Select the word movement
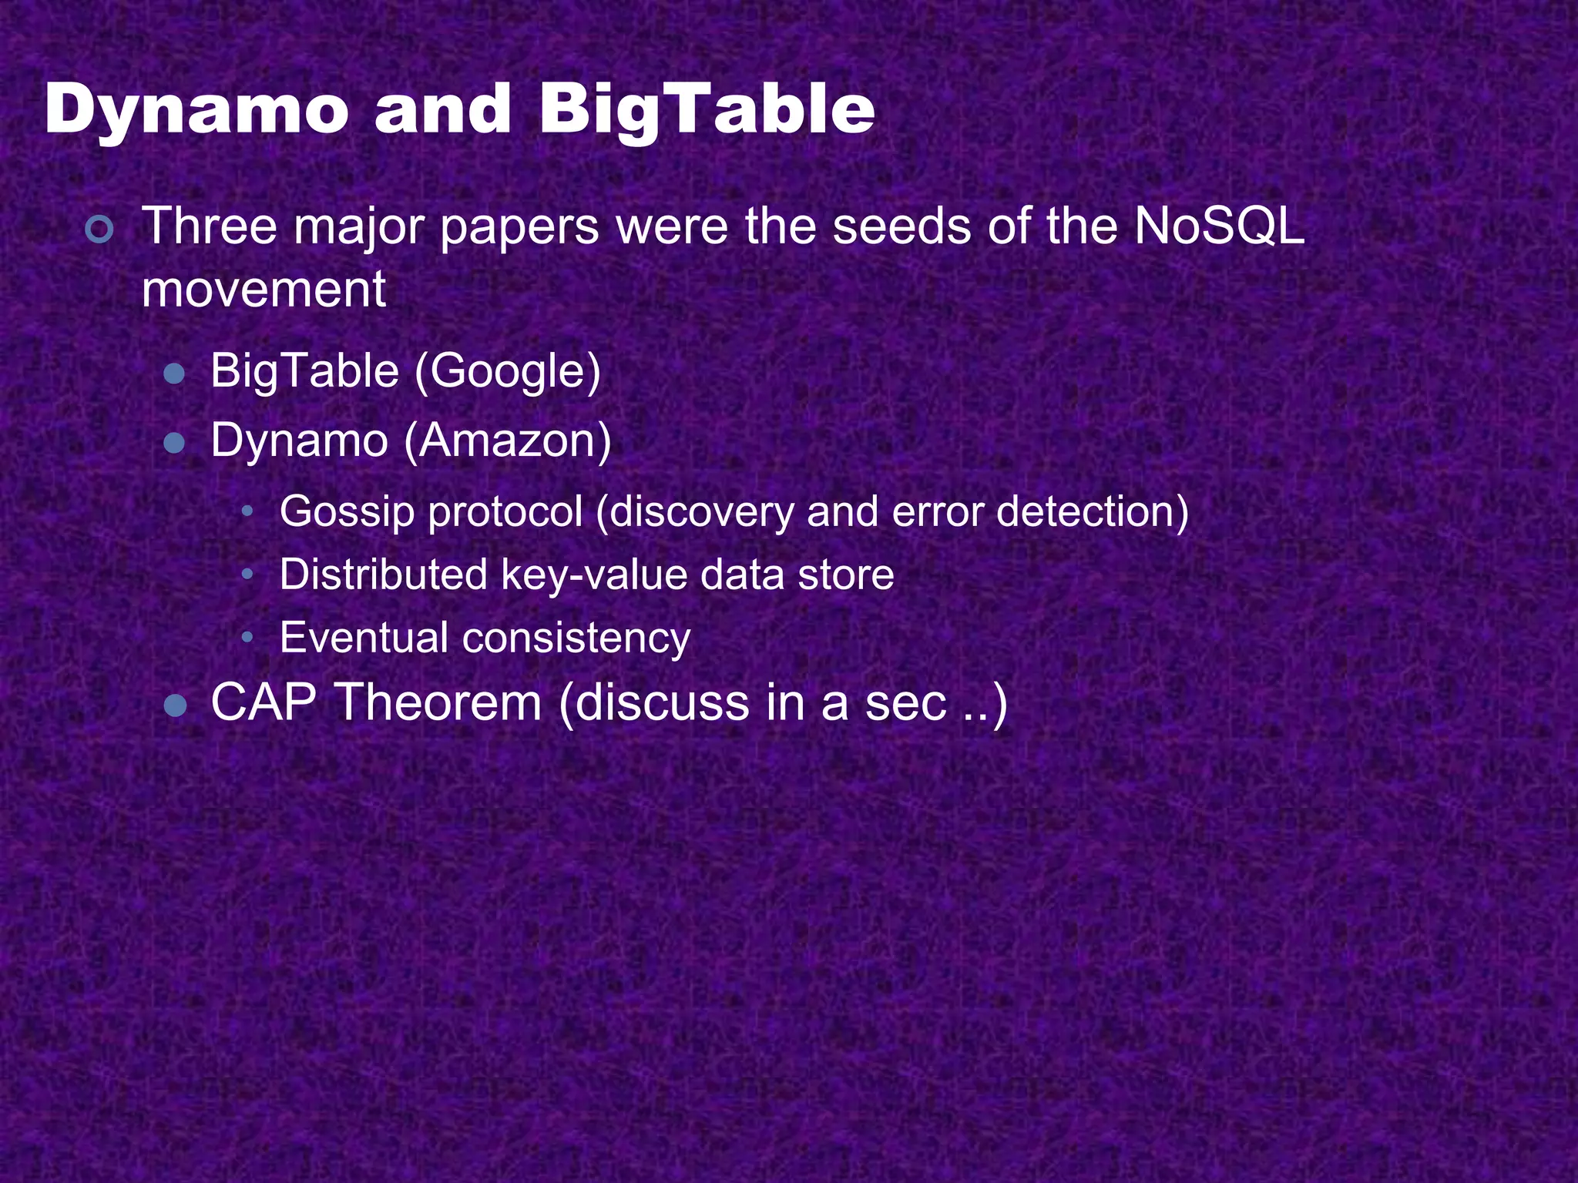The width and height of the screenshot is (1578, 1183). pyautogui.click(x=264, y=290)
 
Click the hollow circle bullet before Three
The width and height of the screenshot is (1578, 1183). pyautogui.click(x=100, y=230)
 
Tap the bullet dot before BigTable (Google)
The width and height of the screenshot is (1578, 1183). pyautogui.click(x=175, y=374)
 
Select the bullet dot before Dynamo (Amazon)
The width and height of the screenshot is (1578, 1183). pyautogui.click(x=175, y=444)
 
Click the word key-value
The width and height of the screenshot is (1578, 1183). pyautogui.click(x=594, y=575)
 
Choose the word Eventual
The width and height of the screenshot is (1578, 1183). pyautogui.click(x=364, y=638)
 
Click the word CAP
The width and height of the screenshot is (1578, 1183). pyautogui.click(x=264, y=702)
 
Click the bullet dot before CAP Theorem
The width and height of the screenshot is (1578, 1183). pyautogui.click(x=176, y=705)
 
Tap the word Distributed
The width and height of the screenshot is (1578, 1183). pyautogui.click(x=383, y=575)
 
